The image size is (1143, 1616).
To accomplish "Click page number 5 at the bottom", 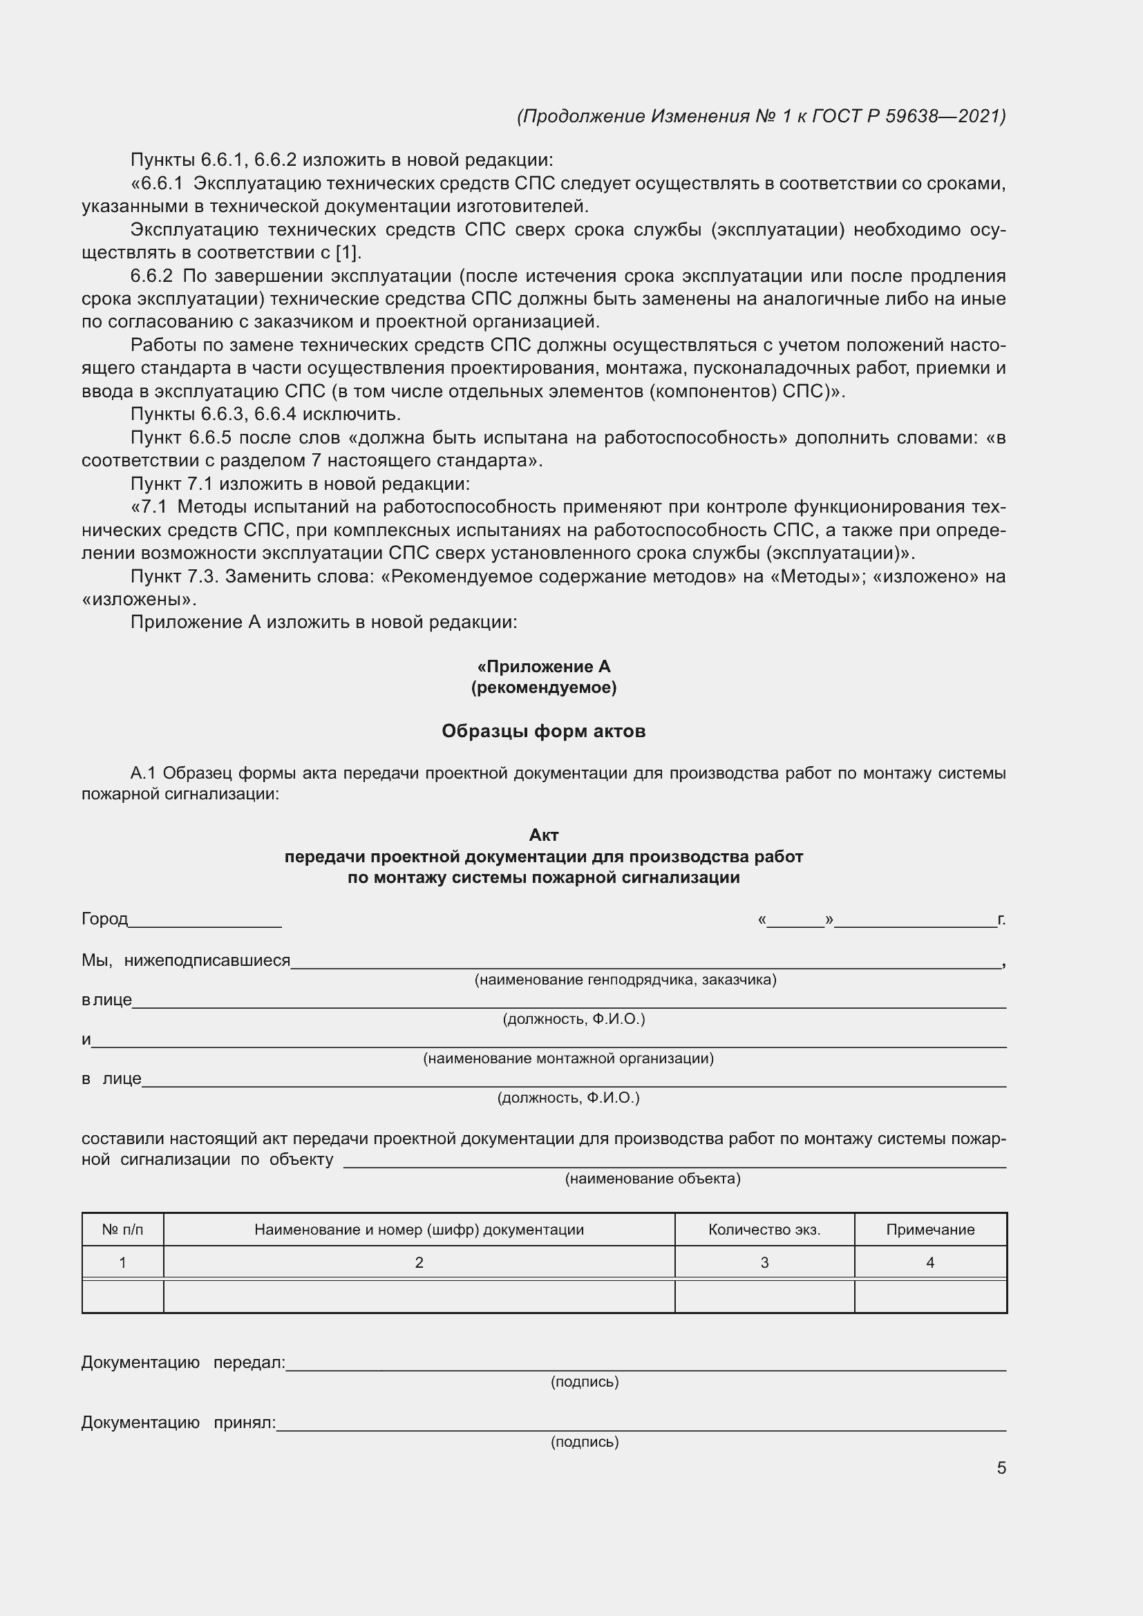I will click(1001, 1468).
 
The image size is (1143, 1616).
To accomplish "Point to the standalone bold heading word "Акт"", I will click(543, 835).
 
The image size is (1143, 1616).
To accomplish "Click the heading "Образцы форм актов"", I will click(543, 731).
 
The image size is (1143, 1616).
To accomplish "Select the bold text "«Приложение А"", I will click(543, 667).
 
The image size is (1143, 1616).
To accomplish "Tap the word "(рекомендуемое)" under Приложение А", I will click(543, 687).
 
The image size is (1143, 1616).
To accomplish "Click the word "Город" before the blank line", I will click(105, 919).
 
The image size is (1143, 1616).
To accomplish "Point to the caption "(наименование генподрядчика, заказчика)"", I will click(625, 980).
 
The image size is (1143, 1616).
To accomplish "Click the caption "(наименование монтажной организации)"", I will click(568, 1058).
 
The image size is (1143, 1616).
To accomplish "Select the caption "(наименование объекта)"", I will click(652, 1179).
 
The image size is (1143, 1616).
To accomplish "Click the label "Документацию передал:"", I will click(183, 1362).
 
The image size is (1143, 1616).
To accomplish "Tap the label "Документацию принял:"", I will click(178, 1423).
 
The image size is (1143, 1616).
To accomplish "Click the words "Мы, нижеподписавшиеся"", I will click(186, 960).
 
